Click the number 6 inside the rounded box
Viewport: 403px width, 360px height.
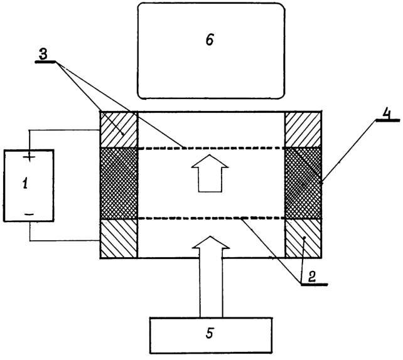coord(210,40)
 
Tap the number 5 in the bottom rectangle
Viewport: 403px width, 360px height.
coord(210,333)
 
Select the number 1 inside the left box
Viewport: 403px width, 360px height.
coord(25,184)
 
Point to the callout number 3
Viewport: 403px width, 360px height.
coord(43,55)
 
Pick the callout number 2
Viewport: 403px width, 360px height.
coord(312,277)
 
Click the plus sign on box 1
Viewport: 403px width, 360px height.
coord(30,156)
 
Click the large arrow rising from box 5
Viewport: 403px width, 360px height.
coord(211,277)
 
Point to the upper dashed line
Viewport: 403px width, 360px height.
coord(212,148)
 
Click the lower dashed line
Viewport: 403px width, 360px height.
coord(212,218)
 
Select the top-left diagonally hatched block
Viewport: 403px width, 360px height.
coord(119,130)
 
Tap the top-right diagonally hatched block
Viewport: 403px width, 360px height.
coord(303,130)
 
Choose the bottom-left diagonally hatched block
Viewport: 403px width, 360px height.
coord(119,238)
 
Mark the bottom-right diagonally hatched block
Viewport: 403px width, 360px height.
coord(303,238)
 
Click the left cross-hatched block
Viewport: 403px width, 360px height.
coord(119,183)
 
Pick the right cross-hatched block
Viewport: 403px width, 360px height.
coord(303,183)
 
